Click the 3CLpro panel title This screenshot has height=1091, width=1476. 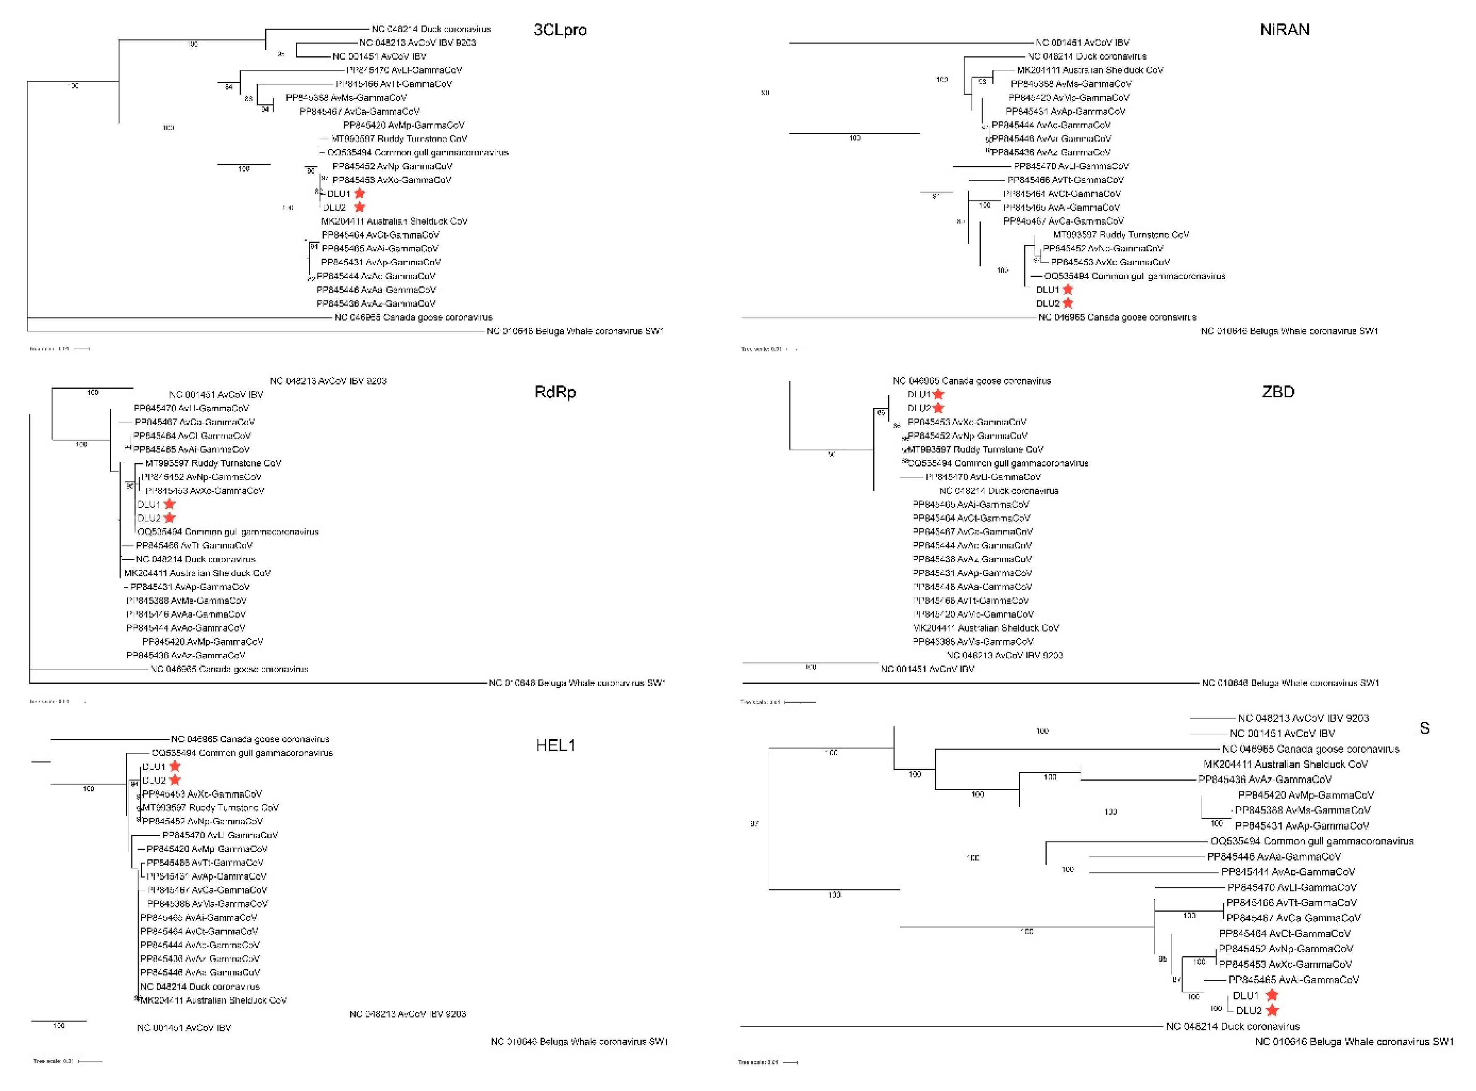(560, 30)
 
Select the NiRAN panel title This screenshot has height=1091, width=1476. (1285, 30)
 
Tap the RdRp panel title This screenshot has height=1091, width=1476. (555, 392)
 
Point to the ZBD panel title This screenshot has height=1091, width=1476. (1278, 392)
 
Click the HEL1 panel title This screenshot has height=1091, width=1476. (555, 745)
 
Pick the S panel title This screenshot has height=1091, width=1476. (1425, 728)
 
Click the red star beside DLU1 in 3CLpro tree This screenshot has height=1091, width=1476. (359, 194)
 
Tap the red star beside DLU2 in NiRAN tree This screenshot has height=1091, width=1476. (1068, 303)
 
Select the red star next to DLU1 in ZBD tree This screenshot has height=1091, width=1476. (938, 394)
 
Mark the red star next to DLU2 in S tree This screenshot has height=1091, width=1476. (1272, 1011)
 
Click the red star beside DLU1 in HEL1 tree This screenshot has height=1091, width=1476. (175, 766)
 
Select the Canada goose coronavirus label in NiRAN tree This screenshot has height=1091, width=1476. (1117, 318)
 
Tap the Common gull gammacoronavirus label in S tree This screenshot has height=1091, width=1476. (1311, 842)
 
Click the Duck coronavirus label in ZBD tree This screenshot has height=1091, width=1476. (999, 491)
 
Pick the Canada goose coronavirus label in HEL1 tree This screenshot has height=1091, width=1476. (250, 739)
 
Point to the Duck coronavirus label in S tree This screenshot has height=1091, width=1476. (1232, 1026)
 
